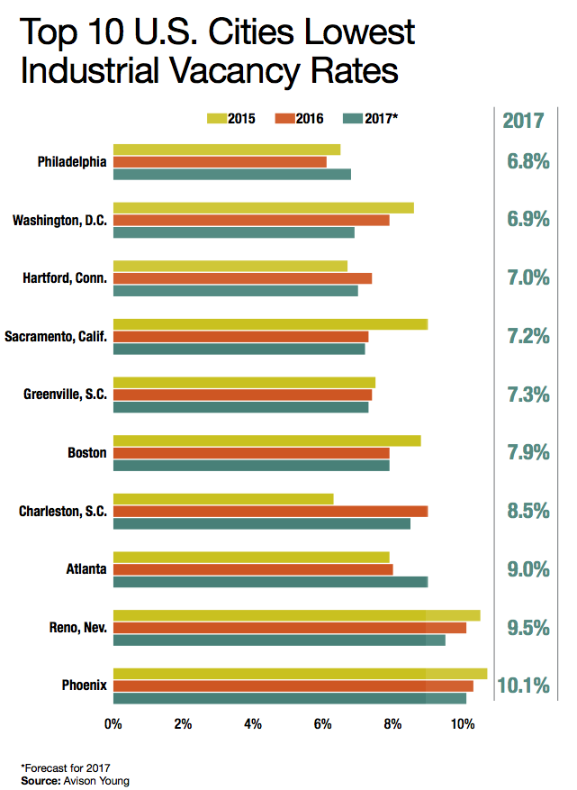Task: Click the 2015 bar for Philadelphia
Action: (x=227, y=150)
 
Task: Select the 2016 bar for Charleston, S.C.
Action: (x=270, y=512)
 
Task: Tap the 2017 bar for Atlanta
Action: (x=270, y=581)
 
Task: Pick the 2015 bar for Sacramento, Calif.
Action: (x=270, y=324)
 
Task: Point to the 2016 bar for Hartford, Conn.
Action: (x=242, y=278)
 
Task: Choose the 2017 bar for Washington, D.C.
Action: (x=234, y=232)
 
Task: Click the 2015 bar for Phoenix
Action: (x=300, y=673)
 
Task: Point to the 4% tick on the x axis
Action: (x=253, y=723)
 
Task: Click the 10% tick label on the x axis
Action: (x=463, y=723)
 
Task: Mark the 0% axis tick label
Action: (x=113, y=723)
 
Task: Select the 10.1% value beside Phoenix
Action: (x=523, y=686)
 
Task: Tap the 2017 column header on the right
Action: (x=524, y=120)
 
